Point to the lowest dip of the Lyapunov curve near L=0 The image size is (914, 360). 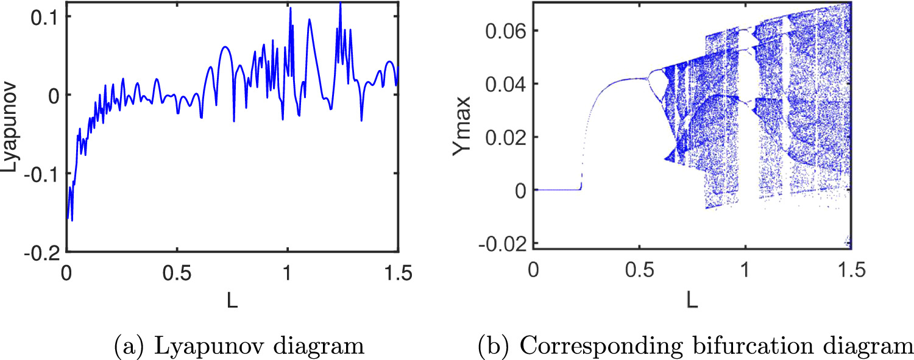point(73,220)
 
